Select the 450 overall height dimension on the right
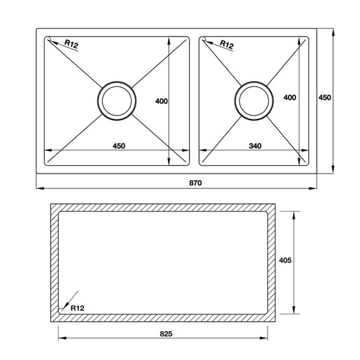pyautogui.click(x=324, y=97)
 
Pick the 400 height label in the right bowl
pyautogui.click(x=290, y=97)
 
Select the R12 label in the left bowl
pyautogui.click(x=72, y=44)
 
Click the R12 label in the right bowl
pyautogui.click(x=226, y=44)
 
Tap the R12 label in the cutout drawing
pyautogui.click(x=77, y=308)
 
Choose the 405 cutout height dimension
pyautogui.click(x=286, y=260)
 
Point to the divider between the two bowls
pyautogui.click(x=194, y=100)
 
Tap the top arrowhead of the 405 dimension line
pyautogui.click(x=294, y=214)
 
